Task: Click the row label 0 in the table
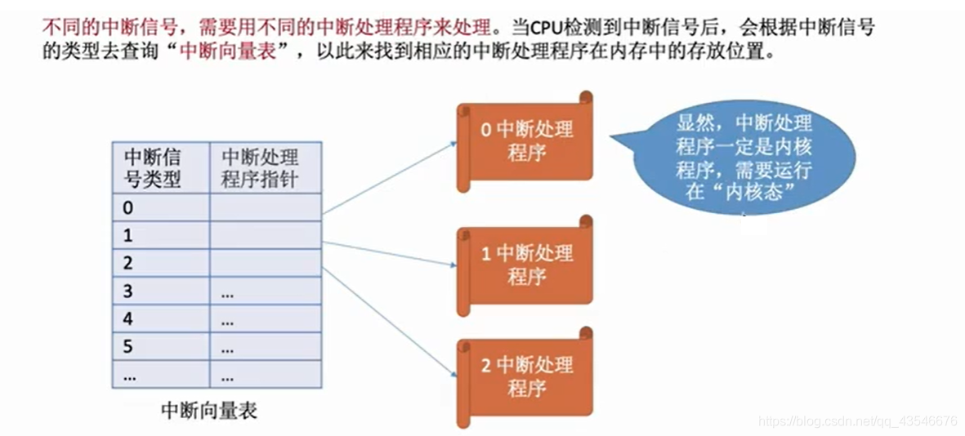pyautogui.click(x=128, y=208)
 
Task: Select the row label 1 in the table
pyautogui.click(x=128, y=236)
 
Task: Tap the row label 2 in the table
pyautogui.click(x=128, y=264)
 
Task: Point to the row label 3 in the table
pyautogui.click(x=128, y=291)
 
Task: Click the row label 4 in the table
pyautogui.click(x=128, y=319)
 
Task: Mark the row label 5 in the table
pyautogui.click(x=128, y=347)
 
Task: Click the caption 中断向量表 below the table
pyautogui.click(x=209, y=410)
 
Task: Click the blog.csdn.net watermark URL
pyautogui.click(x=857, y=421)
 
